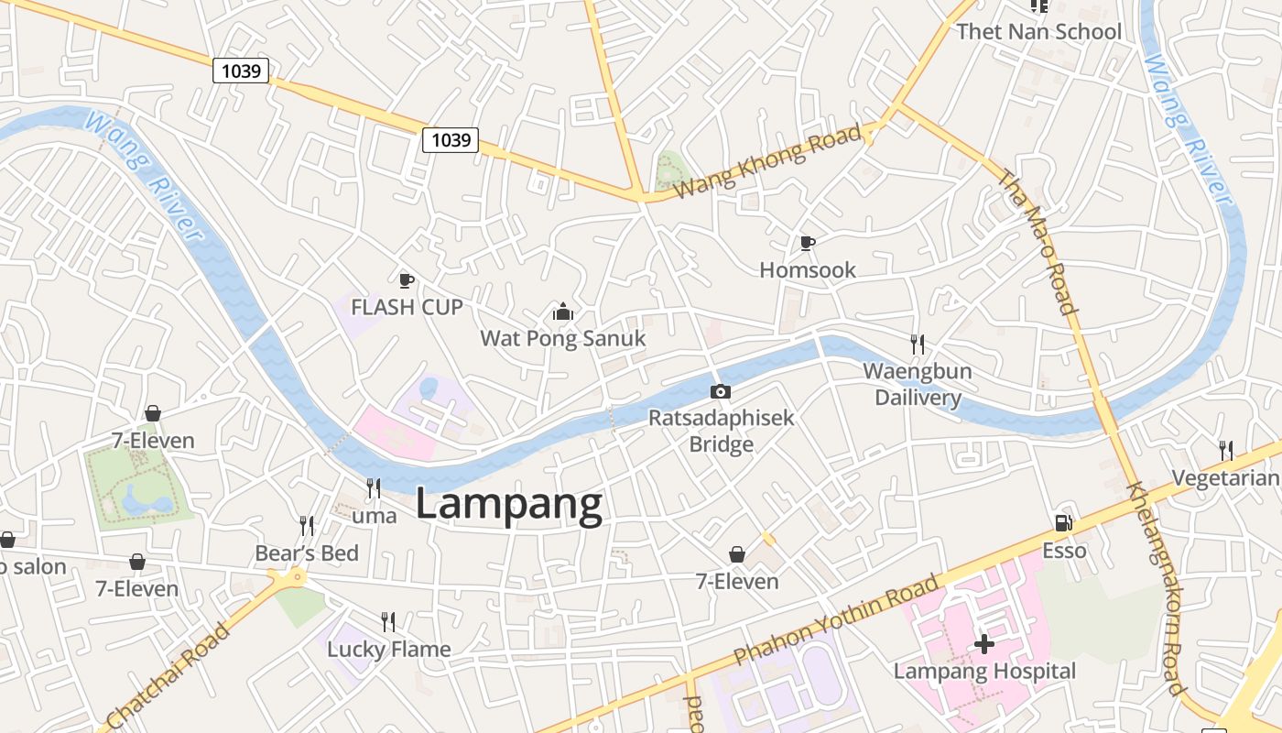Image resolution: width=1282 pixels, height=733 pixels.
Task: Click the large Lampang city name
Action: click(509, 505)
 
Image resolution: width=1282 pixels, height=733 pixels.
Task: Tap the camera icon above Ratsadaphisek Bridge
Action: click(721, 391)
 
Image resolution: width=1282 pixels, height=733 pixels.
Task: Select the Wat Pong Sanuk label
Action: click(562, 338)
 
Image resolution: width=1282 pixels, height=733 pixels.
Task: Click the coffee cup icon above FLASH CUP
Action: click(407, 279)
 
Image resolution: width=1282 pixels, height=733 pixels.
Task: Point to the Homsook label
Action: click(808, 269)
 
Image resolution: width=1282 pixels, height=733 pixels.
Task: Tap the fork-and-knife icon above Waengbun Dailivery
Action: click(918, 345)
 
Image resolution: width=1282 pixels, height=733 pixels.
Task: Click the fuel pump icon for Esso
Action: click(1064, 523)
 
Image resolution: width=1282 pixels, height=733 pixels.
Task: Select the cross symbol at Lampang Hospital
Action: click(984, 644)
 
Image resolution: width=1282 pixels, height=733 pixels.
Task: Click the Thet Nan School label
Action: click(1038, 32)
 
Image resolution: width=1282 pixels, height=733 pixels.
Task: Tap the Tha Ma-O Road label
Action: click(1038, 242)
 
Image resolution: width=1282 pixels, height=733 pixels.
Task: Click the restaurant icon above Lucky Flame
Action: click(388, 622)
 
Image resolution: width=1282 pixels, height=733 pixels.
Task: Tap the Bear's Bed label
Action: click(307, 553)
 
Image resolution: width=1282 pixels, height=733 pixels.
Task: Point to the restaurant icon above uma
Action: click(374, 488)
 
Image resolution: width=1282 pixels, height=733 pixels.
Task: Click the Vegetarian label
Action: click(1226, 478)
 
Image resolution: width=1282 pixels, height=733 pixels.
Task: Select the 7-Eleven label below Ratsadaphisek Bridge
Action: click(737, 582)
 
